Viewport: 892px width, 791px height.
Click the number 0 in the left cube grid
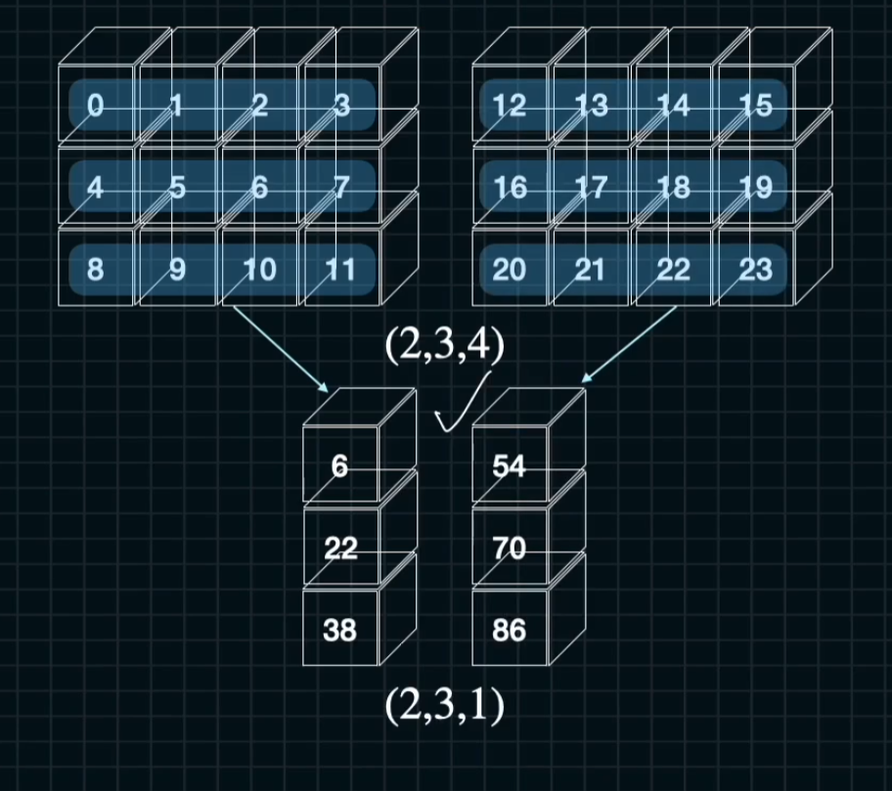point(95,105)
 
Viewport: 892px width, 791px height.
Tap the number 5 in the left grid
point(177,187)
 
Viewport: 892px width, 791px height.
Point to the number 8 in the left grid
point(95,269)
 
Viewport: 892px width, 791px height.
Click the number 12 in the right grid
point(510,105)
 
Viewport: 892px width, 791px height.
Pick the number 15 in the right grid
point(756,105)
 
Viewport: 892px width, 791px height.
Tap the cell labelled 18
point(674,187)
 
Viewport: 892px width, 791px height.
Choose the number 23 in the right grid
point(756,269)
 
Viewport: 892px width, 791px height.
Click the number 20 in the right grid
point(510,269)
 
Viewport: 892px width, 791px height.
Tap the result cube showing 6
point(339,466)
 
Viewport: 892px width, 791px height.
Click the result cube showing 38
point(339,631)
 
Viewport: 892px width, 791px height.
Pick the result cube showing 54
point(510,466)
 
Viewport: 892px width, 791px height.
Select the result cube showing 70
point(510,549)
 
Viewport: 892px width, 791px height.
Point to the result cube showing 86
point(510,631)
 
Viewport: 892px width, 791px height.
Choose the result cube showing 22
point(339,549)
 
